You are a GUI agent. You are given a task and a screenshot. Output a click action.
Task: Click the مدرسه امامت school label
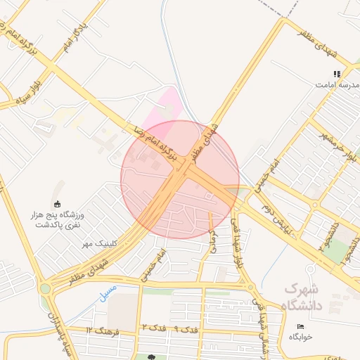click(332, 84)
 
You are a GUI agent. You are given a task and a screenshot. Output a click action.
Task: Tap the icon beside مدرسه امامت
click(337, 73)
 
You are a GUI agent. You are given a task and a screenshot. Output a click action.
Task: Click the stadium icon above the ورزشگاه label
click(57, 204)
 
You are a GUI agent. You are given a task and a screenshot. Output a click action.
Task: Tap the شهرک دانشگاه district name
click(302, 297)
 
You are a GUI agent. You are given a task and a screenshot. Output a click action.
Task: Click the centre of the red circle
click(180, 179)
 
